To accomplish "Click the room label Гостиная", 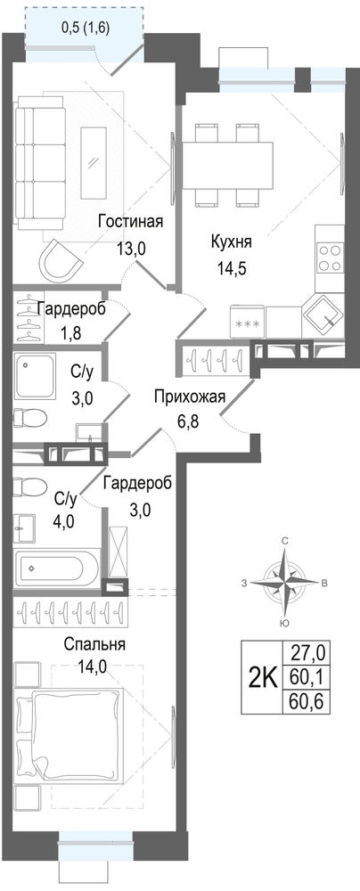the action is [130, 222].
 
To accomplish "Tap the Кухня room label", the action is [231, 241].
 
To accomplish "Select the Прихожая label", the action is [190, 396].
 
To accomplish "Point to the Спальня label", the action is [94, 644].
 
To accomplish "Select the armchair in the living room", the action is [61, 259].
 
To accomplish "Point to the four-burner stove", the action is [330, 258].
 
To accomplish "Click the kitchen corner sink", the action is [322, 316].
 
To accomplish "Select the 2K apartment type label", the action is [262, 677].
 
